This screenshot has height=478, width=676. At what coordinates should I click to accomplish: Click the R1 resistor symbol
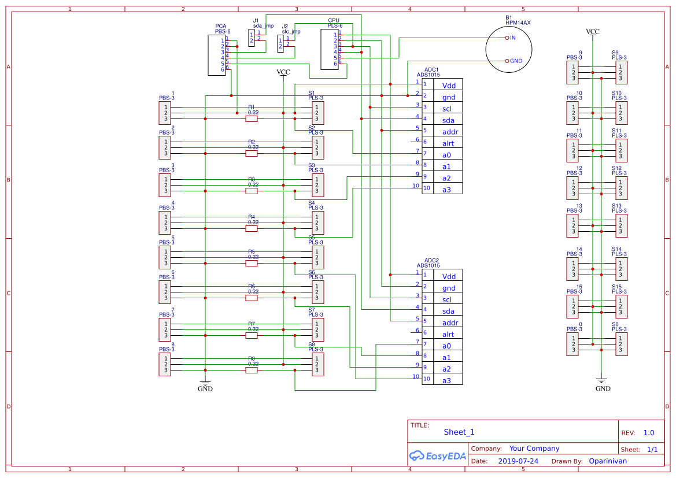(x=252, y=119)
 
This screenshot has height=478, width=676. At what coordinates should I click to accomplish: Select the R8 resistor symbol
(x=252, y=370)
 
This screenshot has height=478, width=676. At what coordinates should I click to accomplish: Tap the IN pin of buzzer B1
(x=507, y=38)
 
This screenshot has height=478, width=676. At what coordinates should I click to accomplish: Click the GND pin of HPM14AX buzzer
(x=507, y=61)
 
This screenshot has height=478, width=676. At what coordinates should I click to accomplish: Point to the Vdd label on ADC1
(x=449, y=86)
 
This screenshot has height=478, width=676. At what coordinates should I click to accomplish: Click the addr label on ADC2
(x=450, y=323)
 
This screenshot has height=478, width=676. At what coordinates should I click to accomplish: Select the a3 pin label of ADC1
(x=446, y=190)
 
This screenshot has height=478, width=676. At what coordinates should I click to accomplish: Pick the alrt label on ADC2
(x=448, y=334)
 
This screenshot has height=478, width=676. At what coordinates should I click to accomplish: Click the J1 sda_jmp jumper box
(x=252, y=38)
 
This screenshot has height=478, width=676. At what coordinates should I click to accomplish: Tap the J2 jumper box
(x=280, y=43)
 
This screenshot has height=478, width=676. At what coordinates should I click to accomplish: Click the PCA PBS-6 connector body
(x=217, y=55)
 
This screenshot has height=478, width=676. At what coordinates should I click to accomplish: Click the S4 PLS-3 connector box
(x=317, y=223)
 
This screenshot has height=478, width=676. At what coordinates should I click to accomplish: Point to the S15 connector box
(x=621, y=306)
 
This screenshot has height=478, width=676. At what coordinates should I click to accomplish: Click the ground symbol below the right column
(x=601, y=381)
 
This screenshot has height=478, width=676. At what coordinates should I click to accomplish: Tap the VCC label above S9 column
(x=592, y=32)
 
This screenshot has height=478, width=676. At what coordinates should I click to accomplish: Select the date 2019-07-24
(x=518, y=461)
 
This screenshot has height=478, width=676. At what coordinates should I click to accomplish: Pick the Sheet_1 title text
(x=459, y=432)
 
